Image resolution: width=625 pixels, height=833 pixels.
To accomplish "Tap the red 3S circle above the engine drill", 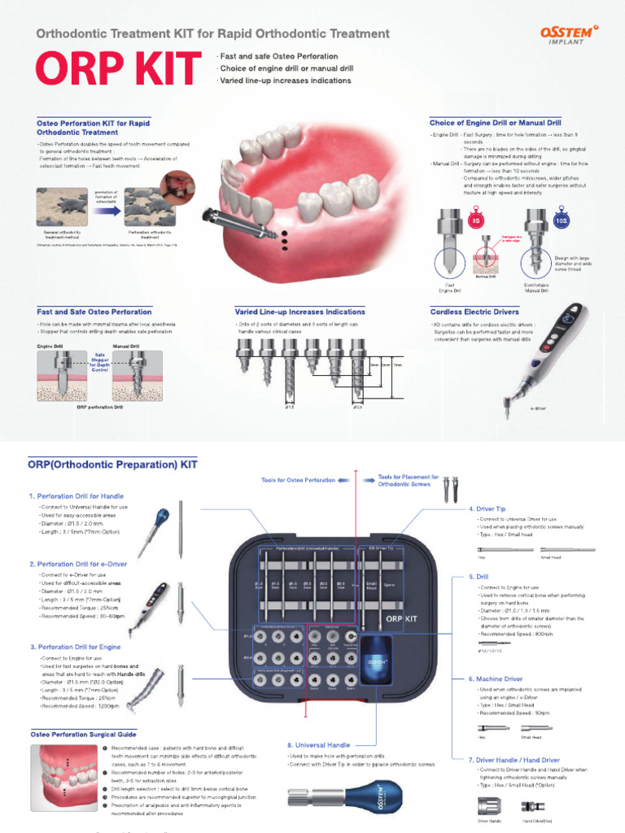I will (x=475, y=220).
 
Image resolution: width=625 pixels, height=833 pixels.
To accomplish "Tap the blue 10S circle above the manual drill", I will (x=560, y=220).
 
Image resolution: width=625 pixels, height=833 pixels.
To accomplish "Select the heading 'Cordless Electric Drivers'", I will (x=474, y=312).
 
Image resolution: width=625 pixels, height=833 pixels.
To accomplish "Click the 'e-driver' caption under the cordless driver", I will (x=538, y=407).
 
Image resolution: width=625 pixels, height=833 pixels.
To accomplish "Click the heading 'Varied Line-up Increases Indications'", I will (x=299, y=312).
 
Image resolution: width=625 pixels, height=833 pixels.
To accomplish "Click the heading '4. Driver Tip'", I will (x=487, y=508).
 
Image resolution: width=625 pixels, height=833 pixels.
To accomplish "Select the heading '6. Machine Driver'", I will (x=496, y=678).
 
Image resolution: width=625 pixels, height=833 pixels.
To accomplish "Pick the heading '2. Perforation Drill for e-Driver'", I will (x=81, y=563).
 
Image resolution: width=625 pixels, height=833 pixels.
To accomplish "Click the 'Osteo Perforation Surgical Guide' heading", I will (x=83, y=733).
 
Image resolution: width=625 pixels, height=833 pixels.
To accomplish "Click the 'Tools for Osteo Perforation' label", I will (x=298, y=480).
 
